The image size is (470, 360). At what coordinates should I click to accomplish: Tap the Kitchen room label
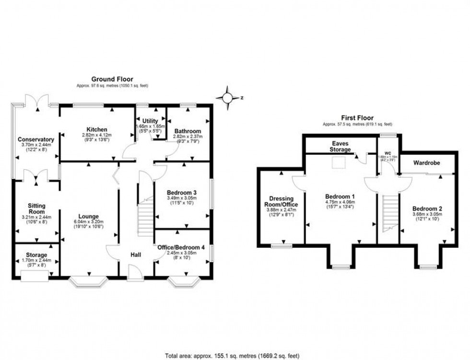[97, 129]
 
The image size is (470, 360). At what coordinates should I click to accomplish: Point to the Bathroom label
[188, 131]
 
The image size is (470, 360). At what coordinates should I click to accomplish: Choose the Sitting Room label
[36, 209]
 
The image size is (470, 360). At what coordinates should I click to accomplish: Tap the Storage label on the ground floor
[36, 255]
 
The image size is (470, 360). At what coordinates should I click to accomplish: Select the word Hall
[136, 255]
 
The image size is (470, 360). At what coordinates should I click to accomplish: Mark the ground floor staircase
[146, 218]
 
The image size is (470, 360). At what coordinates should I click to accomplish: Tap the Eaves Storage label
[341, 146]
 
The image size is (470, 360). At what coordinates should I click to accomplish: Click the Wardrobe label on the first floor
[426, 163]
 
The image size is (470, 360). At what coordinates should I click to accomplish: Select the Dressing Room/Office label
[284, 201]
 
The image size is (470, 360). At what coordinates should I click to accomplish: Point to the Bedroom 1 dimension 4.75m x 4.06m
[340, 202]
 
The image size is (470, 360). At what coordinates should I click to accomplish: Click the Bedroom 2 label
[427, 209]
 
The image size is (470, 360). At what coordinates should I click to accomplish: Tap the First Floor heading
[357, 118]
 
